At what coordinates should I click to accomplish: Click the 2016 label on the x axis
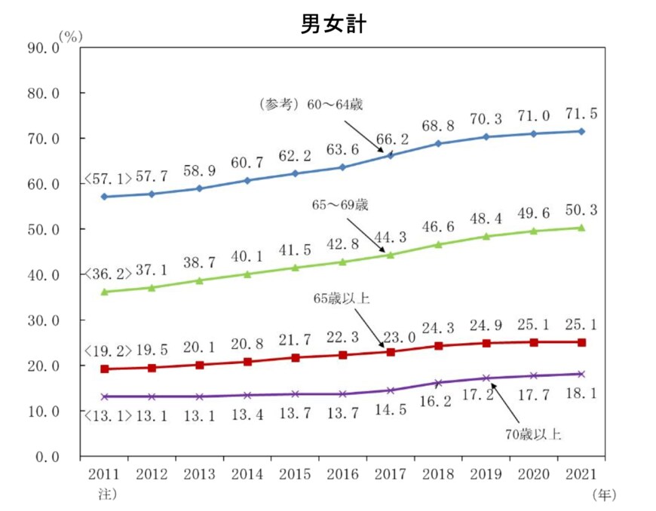(x=342, y=476)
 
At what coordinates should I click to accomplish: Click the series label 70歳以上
(x=533, y=434)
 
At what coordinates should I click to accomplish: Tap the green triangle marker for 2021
(x=581, y=228)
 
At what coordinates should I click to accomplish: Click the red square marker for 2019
(x=486, y=344)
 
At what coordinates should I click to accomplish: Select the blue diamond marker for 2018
(x=438, y=143)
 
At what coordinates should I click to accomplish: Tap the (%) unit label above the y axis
(x=70, y=35)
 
